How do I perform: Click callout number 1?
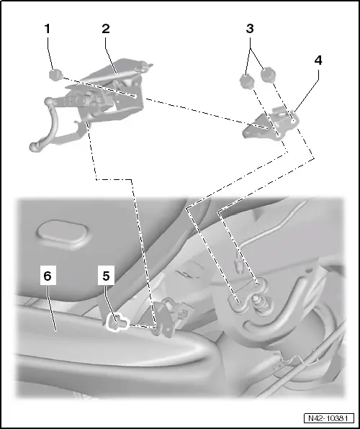48,29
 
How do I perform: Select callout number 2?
106,29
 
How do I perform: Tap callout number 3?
250,29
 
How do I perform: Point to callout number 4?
318,60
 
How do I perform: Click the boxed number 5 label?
106,276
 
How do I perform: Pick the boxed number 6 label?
48,276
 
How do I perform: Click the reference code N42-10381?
328,418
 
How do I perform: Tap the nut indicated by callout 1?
56,75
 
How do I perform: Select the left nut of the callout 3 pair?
246,81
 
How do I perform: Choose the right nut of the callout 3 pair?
268,75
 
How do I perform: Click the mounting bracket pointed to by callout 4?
271,125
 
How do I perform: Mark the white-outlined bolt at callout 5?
117,322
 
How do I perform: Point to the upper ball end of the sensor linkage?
49,102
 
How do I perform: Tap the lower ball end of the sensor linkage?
34,147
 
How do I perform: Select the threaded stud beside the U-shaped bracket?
259,300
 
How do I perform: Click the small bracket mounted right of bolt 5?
168,317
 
